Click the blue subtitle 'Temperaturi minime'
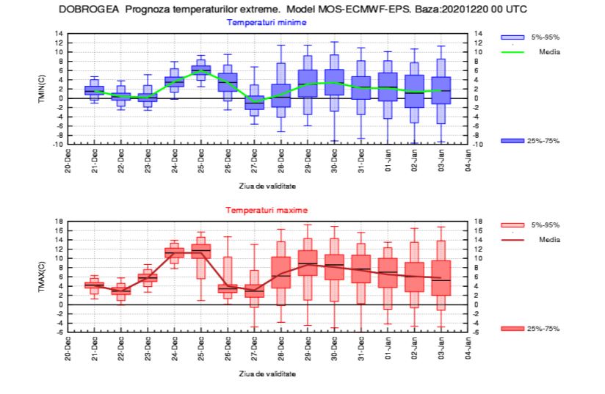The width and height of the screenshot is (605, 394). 266,23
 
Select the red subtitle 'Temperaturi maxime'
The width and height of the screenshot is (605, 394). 266,210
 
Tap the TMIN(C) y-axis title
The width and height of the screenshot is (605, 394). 42,89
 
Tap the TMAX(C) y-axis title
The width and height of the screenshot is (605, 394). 42,276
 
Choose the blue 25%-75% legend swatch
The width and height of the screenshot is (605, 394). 512,140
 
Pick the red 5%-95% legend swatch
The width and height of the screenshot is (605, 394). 512,223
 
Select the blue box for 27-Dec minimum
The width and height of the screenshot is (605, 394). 254,102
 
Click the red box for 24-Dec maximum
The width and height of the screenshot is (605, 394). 174,253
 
